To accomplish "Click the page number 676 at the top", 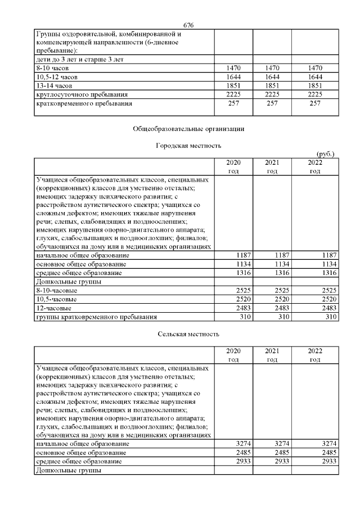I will pyautogui.click(x=188, y=25).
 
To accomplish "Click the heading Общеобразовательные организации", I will pyautogui.click(x=188, y=129).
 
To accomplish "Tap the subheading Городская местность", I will pyautogui.click(x=188, y=146).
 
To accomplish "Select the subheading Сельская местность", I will pyautogui.click(x=188, y=334).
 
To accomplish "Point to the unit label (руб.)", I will pyautogui.click(x=327, y=154).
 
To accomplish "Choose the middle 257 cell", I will pyautogui.click(x=272, y=103).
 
